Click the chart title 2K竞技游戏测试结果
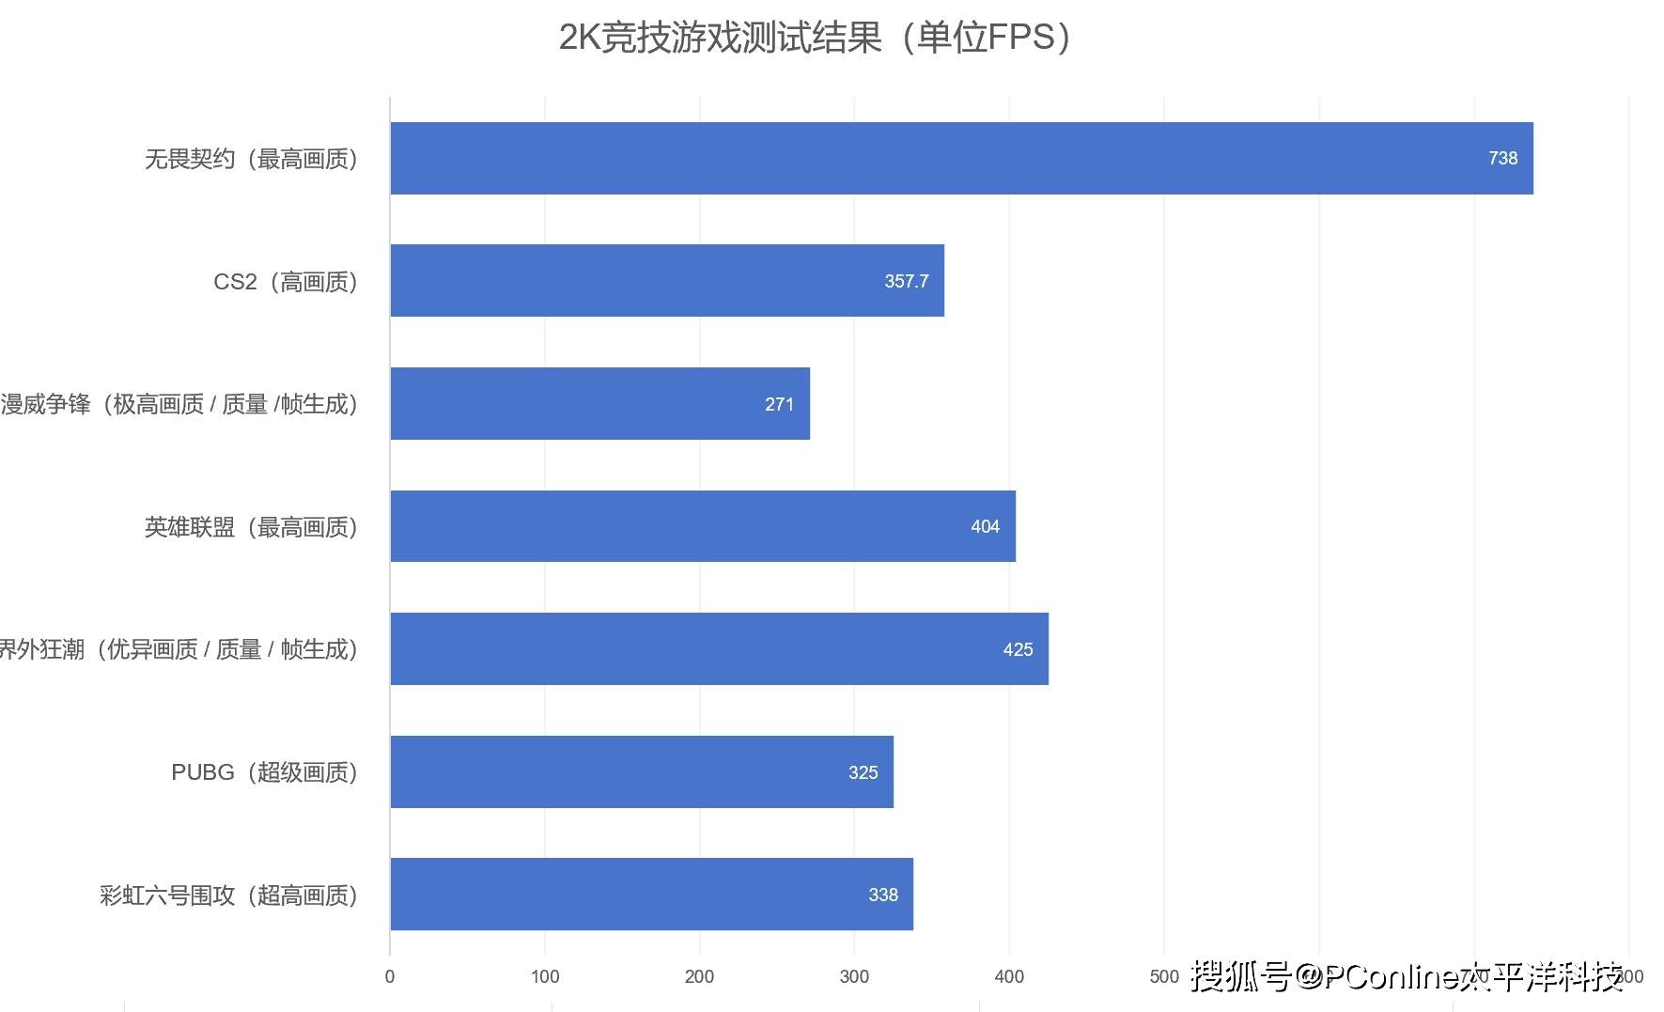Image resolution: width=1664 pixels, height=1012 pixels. click(815, 38)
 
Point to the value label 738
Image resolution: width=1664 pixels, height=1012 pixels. click(1502, 158)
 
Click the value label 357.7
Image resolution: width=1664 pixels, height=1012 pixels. click(906, 281)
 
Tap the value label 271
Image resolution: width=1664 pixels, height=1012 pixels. click(779, 404)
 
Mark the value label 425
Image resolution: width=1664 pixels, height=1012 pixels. click(1018, 649)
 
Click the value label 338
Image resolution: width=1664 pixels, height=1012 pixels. click(882, 895)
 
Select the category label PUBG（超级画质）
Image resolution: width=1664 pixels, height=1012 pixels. click(264, 772)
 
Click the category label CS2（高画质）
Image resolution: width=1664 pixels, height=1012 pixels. click(286, 282)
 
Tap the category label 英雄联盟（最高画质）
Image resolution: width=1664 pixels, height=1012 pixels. click(251, 527)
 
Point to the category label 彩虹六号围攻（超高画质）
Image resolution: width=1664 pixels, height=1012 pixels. click(228, 895)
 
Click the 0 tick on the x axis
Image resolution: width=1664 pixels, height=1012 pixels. click(390, 976)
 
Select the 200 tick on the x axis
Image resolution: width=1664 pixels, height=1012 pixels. click(699, 976)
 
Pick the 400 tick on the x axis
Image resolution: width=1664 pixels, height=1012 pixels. click(1009, 976)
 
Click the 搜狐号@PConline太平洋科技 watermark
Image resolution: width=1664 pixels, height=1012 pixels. click(1407, 977)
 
